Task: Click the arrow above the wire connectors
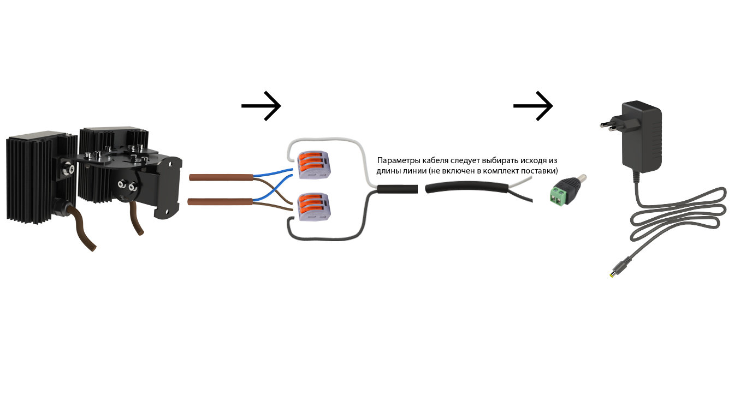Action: point(261,105)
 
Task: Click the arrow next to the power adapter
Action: point(533,105)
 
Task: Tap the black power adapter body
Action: point(643,136)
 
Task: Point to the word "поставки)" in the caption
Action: point(541,171)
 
